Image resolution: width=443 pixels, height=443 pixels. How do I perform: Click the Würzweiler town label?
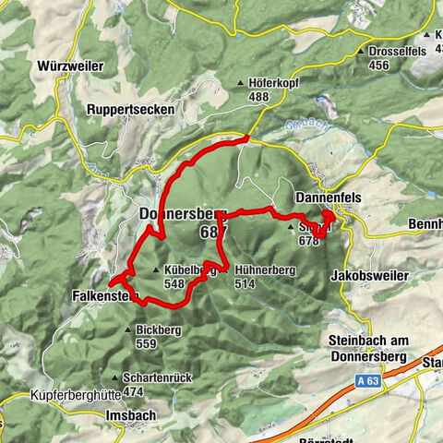click(x=71, y=67)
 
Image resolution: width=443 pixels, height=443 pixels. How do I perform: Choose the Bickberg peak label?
click(x=158, y=329)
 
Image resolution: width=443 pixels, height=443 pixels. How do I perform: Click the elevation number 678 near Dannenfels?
click(x=307, y=242)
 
